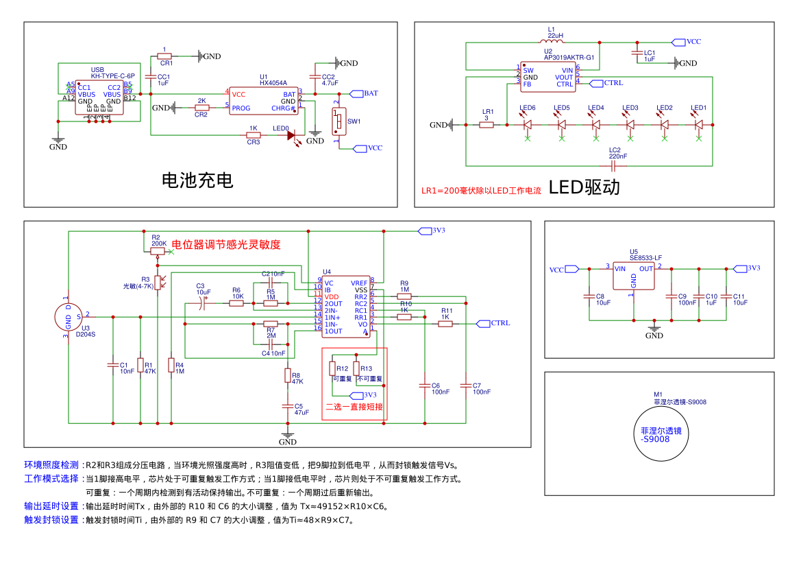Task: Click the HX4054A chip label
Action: [x=273, y=83]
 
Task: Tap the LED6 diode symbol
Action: [x=527, y=125]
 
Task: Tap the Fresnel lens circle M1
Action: [x=660, y=434]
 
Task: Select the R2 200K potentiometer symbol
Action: [x=158, y=251]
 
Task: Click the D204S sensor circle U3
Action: [x=69, y=316]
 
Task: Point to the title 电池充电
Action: [x=197, y=180]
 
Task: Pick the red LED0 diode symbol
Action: [x=291, y=136]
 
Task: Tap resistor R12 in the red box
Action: [x=332, y=369]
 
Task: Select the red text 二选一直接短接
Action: [x=354, y=406]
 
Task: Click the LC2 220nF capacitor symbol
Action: [x=614, y=165]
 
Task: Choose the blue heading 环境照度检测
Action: [x=51, y=465]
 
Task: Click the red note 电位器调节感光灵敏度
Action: [x=225, y=244]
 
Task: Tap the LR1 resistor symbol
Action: [x=486, y=125]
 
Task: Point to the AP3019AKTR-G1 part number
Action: [x=569, y=58]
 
